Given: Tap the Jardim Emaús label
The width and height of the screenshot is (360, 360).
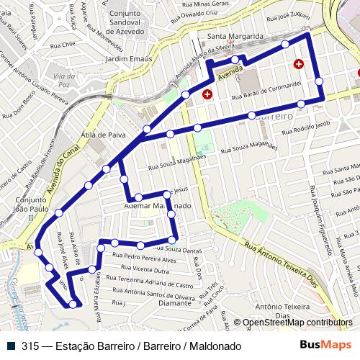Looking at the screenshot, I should (127, 59).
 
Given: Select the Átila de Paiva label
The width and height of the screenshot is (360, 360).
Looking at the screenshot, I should (103, 134).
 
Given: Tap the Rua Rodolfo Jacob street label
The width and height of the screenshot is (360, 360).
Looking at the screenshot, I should (307, 127).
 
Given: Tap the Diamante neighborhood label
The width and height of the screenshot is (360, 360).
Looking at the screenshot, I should (176, 303).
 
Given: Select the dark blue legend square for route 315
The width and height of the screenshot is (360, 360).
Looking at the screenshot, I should (11, 346).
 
